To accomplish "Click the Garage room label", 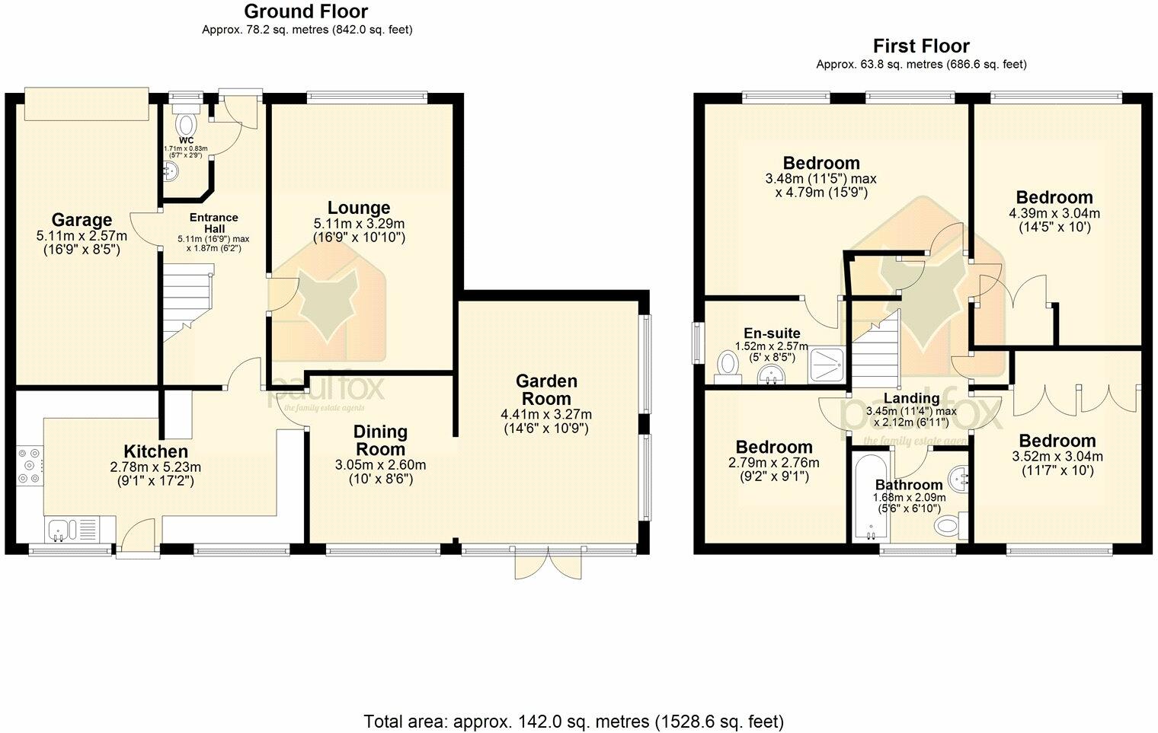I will pyautogui.click(x=82, y=221).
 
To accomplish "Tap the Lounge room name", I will pyautogui.click(x=359, y=208).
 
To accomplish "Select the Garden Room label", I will pyautogui.click(x=546, y=390).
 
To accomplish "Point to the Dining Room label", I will pyautogui.click(x=380, y=440).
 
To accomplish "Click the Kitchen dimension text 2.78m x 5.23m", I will pyautogui.click(x=156, y=467).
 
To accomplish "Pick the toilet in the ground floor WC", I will pyautogui.click(x=186, y=123).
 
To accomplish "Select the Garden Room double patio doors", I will pyautogui.click(x=547, y=566).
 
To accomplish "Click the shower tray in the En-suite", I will pyautogui.click(x=824, y=365).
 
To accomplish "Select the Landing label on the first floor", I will pyautogui.click(x=911, y=398).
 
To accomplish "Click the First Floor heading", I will pyautogui.click(x=920, y=46).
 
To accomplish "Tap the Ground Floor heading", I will pyautogui.click(x=305, y=11).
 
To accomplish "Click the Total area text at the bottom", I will pyautogui.click(x=574, y=721).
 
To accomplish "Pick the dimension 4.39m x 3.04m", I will pyautogui.click(x=1054, y=213).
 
